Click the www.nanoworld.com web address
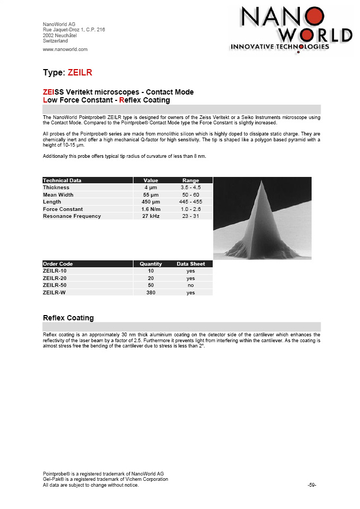coord(65,49)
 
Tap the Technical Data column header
coord(62,181)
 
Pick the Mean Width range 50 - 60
coord(190,195)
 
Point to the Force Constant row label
coord(63,209)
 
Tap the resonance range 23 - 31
coord(190,216)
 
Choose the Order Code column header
coord(58,264)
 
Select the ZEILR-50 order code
coord(55,285)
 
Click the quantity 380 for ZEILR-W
coord(151,293)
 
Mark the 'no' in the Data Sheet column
coord(190,285)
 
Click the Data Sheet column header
coord(190,264)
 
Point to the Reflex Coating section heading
coord(68,318)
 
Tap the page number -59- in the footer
coord(312,485)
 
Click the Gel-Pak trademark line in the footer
coord(105,479)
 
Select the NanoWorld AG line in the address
coord(59,24)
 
